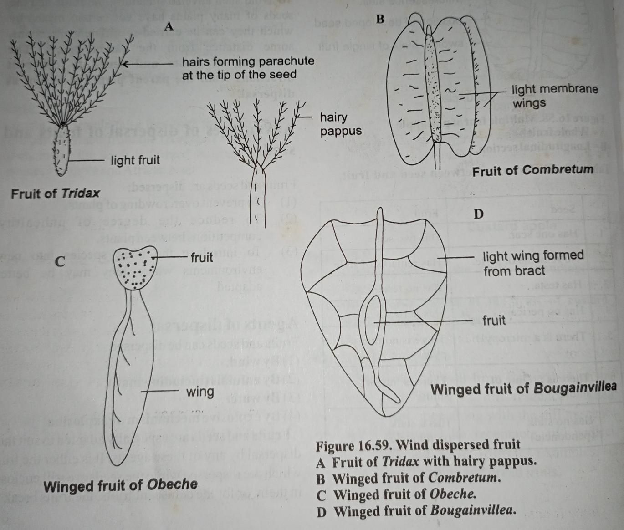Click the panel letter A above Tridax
point(169,27)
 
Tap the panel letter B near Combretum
point(381,19)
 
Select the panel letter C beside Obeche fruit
point(61,262)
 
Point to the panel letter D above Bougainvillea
point(478,214)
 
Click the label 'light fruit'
point(135,160)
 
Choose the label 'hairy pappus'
point(340,124)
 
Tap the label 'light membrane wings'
point(554,96)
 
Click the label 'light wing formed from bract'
point(533,263)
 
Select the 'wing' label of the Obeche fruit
point(200,392)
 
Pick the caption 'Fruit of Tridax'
point(55,193)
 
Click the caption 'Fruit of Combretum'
point(533,170)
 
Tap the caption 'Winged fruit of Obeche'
point(121,485)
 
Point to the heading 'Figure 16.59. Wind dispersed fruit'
point(418,445)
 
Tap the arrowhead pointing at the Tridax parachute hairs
point(124,65)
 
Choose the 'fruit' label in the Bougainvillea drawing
point(494,320)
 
